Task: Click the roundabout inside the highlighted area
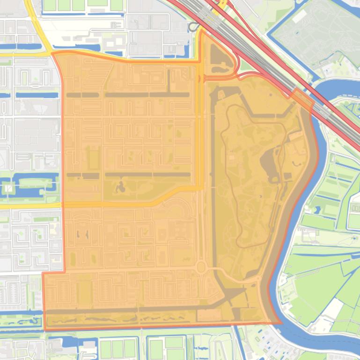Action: point(201,268)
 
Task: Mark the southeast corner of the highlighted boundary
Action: point(281,322)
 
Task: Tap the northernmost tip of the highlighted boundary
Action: point(203,30)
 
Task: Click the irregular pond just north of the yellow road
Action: point(120,187)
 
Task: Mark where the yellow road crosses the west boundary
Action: point(62,205)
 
